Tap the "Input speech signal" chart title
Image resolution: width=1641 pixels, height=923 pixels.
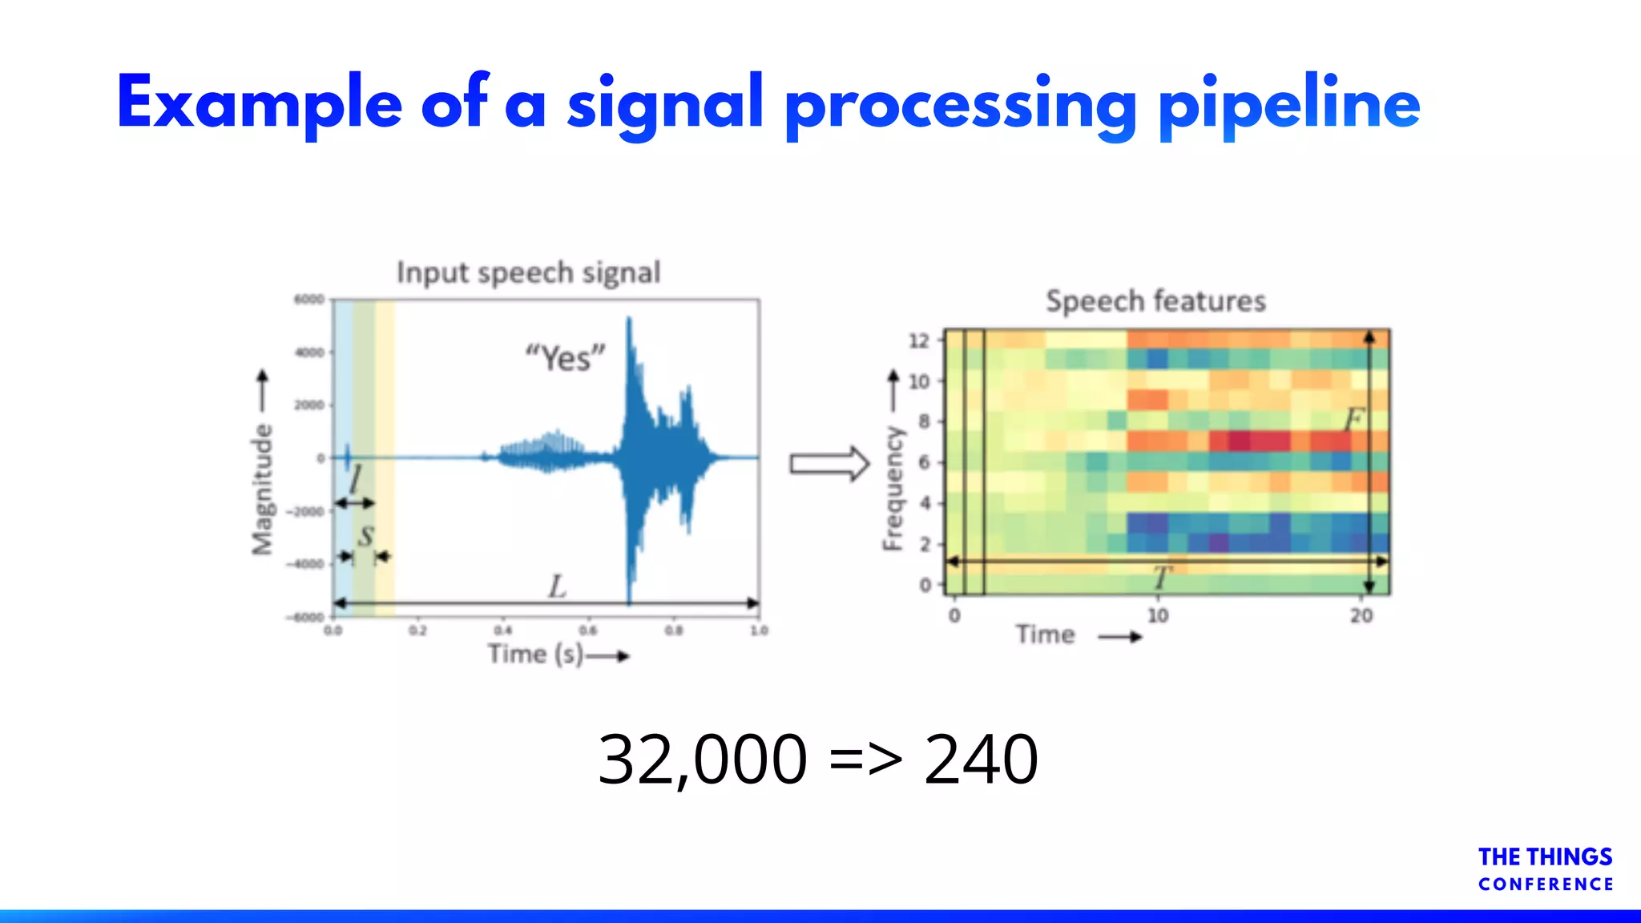coord(529,273)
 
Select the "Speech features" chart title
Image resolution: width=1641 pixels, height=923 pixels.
coord(1155,301)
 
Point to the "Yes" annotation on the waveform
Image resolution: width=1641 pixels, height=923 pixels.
coord(565,357)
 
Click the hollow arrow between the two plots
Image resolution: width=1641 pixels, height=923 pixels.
coord(829,464)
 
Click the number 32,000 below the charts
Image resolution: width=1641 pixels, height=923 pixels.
coord(702,759)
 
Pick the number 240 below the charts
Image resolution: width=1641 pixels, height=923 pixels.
coord(981,759)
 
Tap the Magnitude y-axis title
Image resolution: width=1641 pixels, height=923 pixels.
coord(262,489)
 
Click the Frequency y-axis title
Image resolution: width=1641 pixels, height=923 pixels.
coord(893,489)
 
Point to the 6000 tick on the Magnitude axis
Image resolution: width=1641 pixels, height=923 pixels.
coord(308,300)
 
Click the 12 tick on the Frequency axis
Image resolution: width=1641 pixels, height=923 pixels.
coord(918,341)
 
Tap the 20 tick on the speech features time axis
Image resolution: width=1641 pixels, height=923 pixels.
coord(1361,615)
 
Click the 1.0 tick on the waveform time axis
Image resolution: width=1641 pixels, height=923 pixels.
coord(758,631)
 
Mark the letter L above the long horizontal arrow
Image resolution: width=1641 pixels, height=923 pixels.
coord(557,586)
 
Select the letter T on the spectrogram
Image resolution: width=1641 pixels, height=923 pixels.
coord(1161,577)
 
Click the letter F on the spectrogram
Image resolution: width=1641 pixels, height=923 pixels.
coord(1353,419)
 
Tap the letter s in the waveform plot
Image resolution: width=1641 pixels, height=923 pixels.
coord(365,535)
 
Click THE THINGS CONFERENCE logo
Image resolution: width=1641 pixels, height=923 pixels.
coord(1545,869)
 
